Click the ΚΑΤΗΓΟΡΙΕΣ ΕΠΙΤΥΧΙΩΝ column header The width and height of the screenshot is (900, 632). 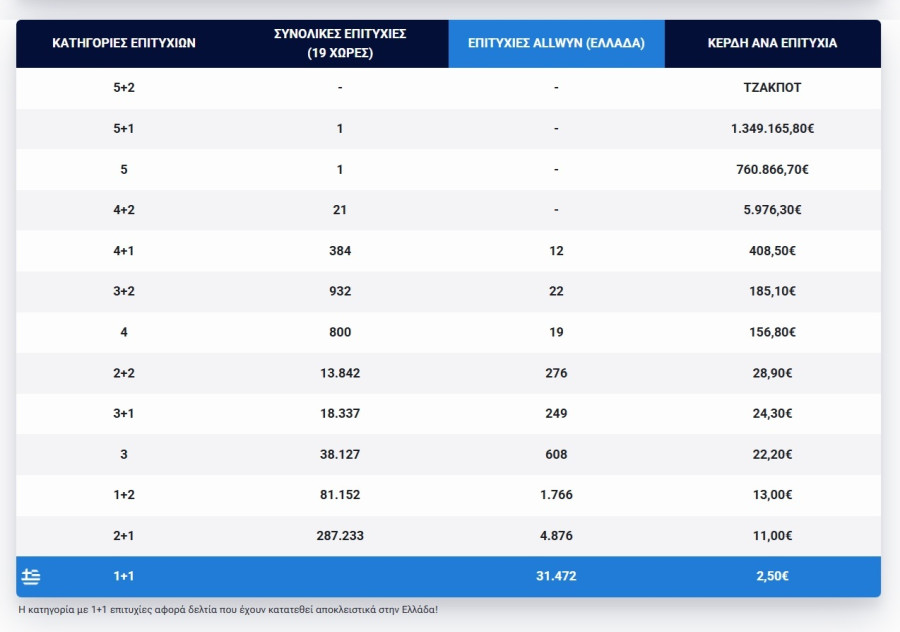coord(123,43)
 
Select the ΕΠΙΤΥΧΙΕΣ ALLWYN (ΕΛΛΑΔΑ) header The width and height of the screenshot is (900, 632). coord(556,43)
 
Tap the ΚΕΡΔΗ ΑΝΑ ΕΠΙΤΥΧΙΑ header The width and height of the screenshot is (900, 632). coord(772,43)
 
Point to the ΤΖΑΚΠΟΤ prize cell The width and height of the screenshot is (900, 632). coord(772,87)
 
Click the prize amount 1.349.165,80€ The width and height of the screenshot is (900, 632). coord(772,128)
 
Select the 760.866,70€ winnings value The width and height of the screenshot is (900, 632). coord(772,169)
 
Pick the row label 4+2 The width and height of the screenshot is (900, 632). coord(123,210)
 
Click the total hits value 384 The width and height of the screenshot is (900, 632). coord(340,250)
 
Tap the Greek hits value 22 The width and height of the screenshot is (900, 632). coord(556,291)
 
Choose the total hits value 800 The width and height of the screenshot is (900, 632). coord(340,332)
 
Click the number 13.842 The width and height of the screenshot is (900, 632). coord(340,373)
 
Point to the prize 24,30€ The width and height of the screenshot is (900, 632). coord(772,413)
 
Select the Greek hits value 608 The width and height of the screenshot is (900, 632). coord(556,454)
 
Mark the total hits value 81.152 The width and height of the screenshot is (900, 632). coord(340,494)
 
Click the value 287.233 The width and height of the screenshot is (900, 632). coord(340,536)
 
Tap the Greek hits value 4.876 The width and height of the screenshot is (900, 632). coord(556,536)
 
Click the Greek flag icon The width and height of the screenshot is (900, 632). coord(31,576)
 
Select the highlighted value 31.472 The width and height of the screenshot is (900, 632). coord(556,576)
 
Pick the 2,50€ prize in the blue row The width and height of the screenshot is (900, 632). coord(772,576)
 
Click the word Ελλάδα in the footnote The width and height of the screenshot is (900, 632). coord(420,610)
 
